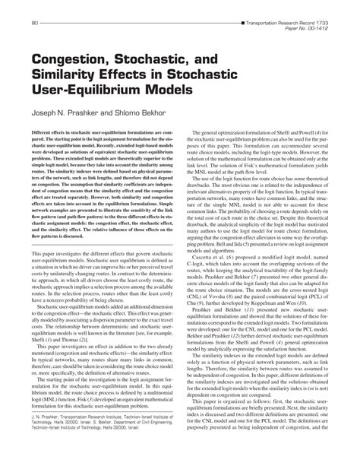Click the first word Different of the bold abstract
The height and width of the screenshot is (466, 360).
coord(45,132)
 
